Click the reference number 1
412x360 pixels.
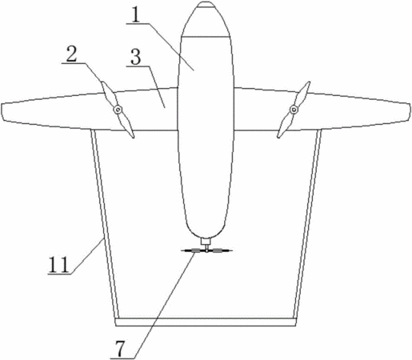tap(136, 15)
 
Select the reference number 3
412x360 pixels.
tap(136, 57)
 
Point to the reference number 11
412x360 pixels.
tap(58, 265)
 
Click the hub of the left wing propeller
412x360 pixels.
tap(118, 110)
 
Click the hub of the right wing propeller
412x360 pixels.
tap(294, 110)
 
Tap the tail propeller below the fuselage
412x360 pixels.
tap(206, 250)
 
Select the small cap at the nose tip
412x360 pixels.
tap(206, 4)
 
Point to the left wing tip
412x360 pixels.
tap(3, 111)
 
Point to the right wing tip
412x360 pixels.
tap(409, 111)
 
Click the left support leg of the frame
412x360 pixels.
tap(105, 224)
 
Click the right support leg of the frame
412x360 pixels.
tap(307, 224)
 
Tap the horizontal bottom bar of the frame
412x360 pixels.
tap(206, 322)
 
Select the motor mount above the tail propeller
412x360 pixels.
tap(206, 242)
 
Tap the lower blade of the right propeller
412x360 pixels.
tap(285, 125)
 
